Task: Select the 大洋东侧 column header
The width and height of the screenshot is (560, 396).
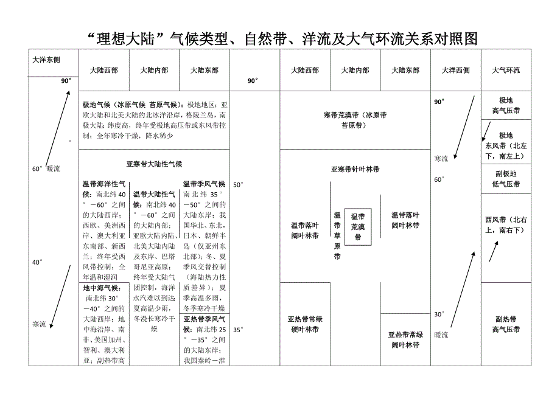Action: [x=46, y=60]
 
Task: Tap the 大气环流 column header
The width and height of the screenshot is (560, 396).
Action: [x=506, y=71]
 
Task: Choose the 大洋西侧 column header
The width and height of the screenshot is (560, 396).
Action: [x=455, y=71]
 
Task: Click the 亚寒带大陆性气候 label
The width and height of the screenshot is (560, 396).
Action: [x=155, y=164]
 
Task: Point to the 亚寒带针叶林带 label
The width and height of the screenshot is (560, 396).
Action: [x=355, y=169]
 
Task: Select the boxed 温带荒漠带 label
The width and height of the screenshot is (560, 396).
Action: [x=358, y=227]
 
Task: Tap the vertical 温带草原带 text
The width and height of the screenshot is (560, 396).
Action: [x=337, y=235]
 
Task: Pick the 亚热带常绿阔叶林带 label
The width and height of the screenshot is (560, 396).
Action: [x=405, y=339]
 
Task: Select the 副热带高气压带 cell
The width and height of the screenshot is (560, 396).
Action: [x=506, y=324]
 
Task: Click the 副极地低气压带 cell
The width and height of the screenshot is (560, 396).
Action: [x=506, y=178]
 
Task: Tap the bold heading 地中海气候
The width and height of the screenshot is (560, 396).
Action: [x=102, y=288]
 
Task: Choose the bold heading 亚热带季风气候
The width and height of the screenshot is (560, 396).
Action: [x=204, y=319]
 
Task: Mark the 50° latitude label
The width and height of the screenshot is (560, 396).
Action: [x=238, y=184]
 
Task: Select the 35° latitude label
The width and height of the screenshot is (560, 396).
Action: [x=238, y=330]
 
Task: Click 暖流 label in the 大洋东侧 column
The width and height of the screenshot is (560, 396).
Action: [x=54, y=168]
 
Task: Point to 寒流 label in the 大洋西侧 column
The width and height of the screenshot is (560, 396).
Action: [x=441, y=159]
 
